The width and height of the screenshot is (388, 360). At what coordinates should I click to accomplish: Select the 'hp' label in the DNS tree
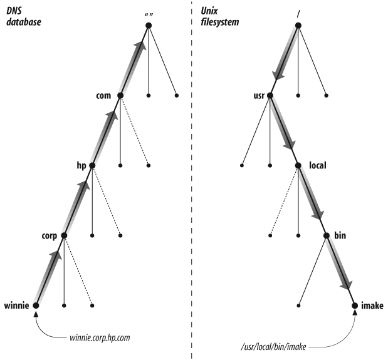pos(80,165)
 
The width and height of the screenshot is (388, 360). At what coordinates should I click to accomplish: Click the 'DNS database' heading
pos(21,13)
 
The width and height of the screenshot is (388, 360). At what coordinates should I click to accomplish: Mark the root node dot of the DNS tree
pos(149,25)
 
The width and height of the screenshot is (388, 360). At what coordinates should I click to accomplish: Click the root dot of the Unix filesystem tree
pos(298,25)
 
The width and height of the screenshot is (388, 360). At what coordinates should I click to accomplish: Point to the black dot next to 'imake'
pos(355,306)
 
